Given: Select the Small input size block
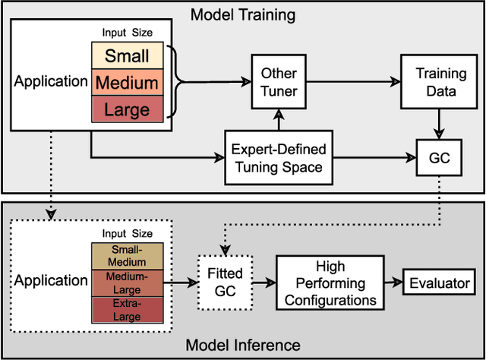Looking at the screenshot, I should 127,56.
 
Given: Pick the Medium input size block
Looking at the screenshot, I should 127,82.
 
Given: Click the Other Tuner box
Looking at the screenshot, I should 279,81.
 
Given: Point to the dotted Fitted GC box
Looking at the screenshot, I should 225,280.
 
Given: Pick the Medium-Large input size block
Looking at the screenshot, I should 127,281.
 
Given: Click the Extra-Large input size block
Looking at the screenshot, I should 127,308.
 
